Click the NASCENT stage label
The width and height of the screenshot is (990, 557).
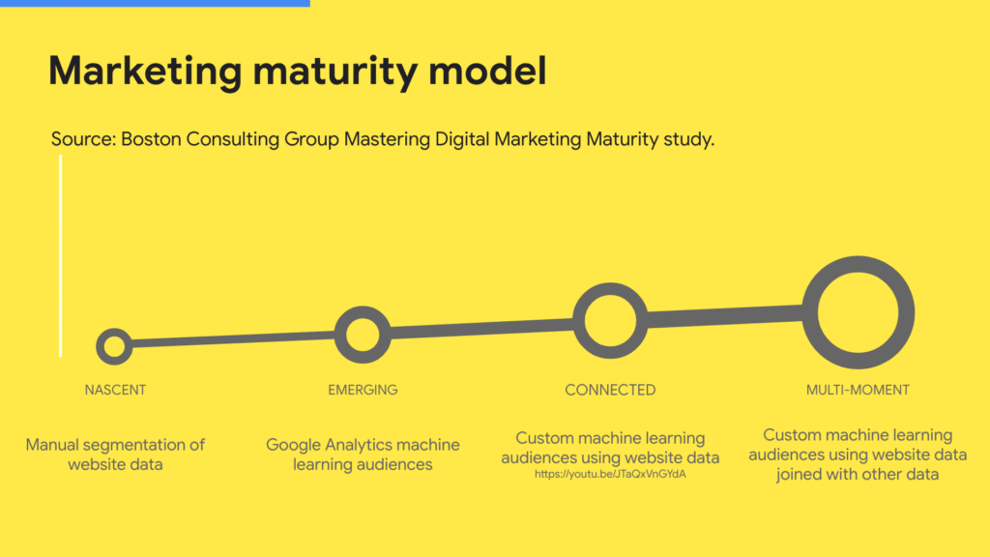115,391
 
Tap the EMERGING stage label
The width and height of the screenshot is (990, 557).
363,391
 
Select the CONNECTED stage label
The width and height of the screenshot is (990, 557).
610,391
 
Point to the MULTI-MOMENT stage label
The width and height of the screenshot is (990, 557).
858,391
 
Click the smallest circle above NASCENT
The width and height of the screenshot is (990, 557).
101,346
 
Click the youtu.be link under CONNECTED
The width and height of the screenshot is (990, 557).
610,474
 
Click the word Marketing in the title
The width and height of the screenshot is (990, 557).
145,71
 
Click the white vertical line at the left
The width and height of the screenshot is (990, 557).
61,255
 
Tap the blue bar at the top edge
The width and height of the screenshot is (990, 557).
155,3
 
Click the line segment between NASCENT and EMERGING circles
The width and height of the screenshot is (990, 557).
234,339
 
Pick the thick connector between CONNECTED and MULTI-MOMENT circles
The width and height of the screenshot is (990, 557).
725,316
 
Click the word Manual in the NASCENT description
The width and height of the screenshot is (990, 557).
55,445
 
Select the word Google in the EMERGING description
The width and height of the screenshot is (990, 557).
293,445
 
